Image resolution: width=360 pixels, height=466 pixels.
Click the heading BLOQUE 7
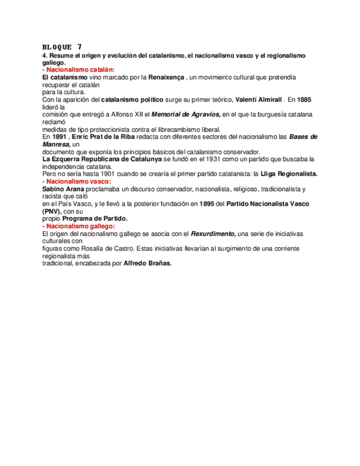click(x=62, y=46)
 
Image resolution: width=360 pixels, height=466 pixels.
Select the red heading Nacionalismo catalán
click(x=78, y=70)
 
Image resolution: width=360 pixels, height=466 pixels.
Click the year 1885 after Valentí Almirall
click(x=303, y=100)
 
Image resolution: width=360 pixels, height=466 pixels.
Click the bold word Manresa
click(x=56, y=144)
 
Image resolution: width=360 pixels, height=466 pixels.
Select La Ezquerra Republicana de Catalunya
click(x=102, y=159)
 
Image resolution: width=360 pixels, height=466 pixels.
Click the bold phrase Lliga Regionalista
click(x=289, y=174)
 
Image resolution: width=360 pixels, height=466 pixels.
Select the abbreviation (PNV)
click(x=55, y=211)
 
